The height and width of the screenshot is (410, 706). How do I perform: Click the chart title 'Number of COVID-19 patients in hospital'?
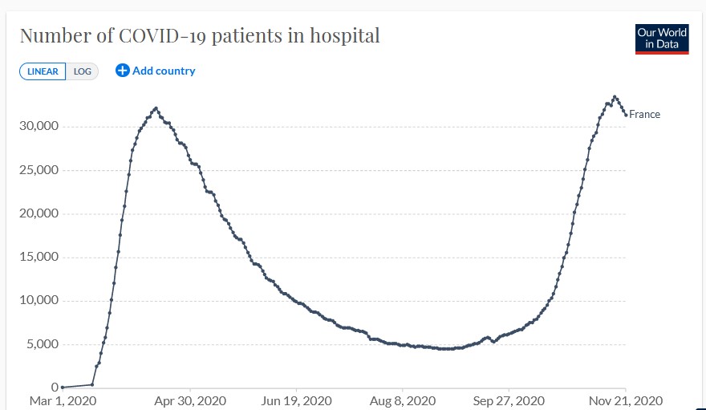(199, 35)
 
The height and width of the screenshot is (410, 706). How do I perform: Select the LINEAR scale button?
(43, 71)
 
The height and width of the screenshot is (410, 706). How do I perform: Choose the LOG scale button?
(82, 71)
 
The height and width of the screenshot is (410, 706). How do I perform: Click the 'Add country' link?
(164, 71)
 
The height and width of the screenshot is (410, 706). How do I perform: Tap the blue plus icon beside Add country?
(123, 71)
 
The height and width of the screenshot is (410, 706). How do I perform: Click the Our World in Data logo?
(662, 39)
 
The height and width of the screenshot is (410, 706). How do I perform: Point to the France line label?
(644, 115)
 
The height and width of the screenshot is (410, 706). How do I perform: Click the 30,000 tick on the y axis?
(37, 127)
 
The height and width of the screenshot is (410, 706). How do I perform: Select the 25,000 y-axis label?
(37, 170)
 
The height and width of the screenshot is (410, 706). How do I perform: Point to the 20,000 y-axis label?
(37, 213)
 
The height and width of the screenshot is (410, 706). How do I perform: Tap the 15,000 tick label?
(37, 258)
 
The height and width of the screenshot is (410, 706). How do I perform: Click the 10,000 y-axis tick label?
(37, 301)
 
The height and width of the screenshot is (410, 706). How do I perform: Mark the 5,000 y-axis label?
(40, 344)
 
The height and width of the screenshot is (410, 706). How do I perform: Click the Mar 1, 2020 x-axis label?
(63, 400)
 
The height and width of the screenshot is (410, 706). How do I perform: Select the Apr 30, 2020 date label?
(190, 400)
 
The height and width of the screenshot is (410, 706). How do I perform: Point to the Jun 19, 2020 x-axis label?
(297, 400)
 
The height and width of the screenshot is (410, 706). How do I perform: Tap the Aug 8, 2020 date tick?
(404, 400)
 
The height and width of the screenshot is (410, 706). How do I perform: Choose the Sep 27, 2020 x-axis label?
(509, 400)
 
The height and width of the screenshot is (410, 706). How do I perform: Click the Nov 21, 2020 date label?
(626, 400)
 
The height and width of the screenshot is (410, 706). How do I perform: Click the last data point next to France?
(626, 115)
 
